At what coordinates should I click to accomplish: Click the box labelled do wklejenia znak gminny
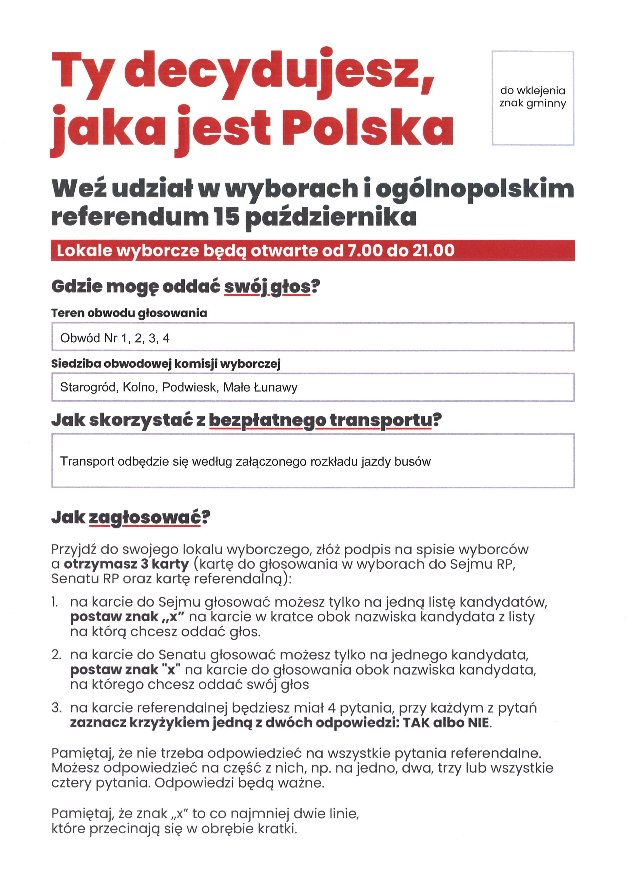tap(533, 98)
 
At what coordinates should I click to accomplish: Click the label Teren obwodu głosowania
tap(129, 313)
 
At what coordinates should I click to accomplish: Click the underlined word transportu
tap(381, 420)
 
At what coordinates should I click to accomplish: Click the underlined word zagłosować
tap(145, 518)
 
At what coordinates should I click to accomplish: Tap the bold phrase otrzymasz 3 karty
tap(126, 564)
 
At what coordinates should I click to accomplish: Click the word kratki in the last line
tap(279, 829)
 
